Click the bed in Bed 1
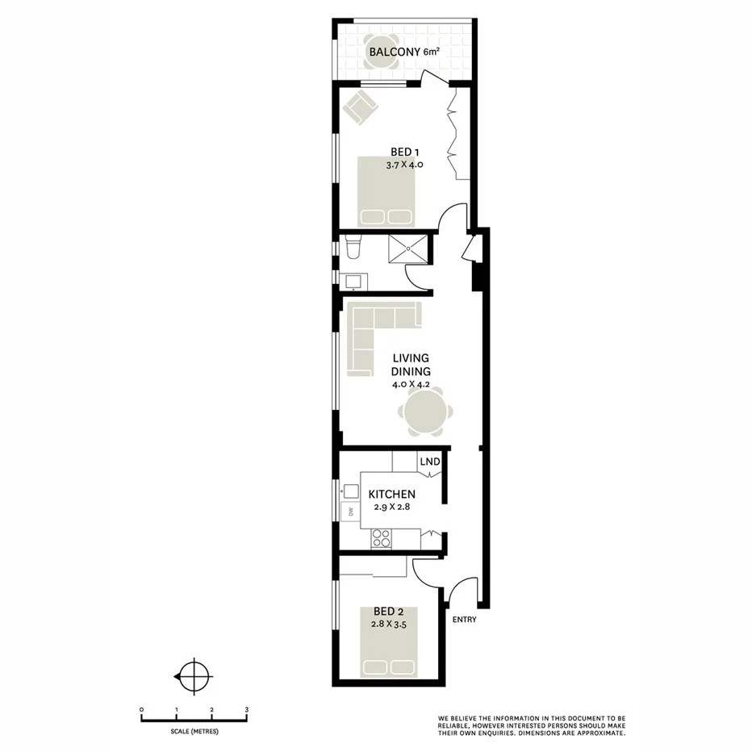[387, 192]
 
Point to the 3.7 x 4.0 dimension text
[404, 164]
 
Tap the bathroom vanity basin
[353, 281]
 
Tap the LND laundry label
[429, 462]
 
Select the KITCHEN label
[391, 494]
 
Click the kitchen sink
[350, 491]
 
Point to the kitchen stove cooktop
[380, 538]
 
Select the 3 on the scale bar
[247, 710]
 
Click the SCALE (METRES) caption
[194, 731]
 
